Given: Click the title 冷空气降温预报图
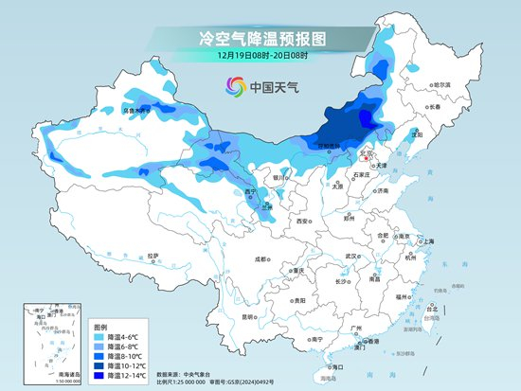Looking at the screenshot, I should (x=260, y=39).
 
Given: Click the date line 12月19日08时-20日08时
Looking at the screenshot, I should (x=260, y=58).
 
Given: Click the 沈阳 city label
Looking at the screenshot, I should (x=417, y=135).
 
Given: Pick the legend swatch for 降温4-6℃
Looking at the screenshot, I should (x=99, y=336).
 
